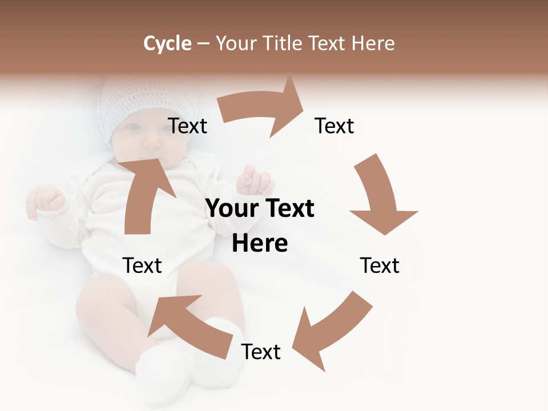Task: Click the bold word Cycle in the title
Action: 167,43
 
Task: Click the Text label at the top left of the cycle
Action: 187,126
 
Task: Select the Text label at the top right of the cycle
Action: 335,126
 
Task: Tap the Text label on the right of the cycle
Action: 380,265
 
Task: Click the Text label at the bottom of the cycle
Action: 261,352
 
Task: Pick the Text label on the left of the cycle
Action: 142,265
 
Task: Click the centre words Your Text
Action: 260,209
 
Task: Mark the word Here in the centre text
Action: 260,244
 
